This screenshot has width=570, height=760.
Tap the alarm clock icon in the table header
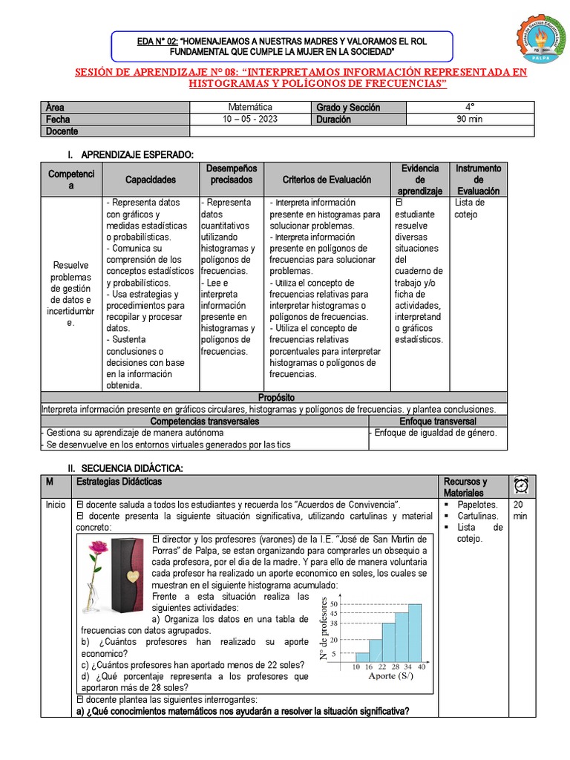pyautogui.click(x=520, y=486)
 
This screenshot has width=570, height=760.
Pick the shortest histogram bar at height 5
pyautogui.click(x=362, y=657)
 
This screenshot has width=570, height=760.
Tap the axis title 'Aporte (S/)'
pyautogui.click(x=391, y=676)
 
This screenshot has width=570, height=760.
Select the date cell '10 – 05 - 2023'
pyautogui.click(x=250, y=119)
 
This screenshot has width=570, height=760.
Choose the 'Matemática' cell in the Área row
pyautogui.click(x=250, y=107)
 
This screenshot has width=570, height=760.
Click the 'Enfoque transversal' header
pyautogui.click(x=437, y=421)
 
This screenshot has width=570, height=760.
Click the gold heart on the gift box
pyautogui.click(x=131, y=577)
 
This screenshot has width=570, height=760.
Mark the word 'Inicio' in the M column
pyautogui.click(x=56, y=504)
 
